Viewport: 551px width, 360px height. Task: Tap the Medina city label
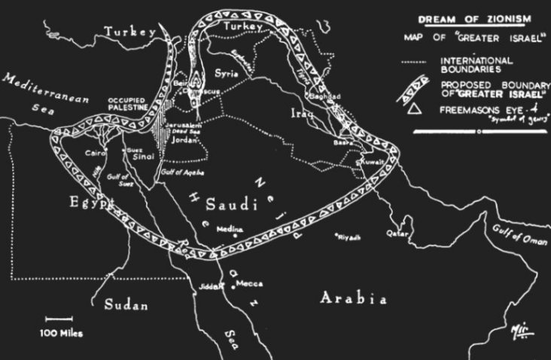pos(229,229)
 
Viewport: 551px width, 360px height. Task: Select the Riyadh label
pos(349,237)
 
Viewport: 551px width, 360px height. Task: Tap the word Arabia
pos(353,298)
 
